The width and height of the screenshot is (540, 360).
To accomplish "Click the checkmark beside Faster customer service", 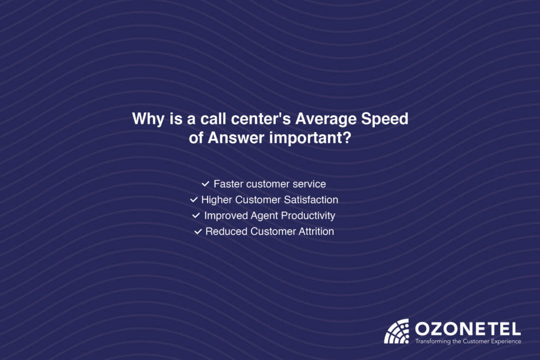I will coord(205,184).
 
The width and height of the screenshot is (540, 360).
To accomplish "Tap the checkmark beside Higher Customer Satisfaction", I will coord(194,200).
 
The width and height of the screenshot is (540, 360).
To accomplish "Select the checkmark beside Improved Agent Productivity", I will coord(196,216).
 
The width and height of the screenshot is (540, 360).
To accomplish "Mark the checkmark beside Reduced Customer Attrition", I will coord(198,231).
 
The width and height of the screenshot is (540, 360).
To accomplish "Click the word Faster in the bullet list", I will coord(228,184).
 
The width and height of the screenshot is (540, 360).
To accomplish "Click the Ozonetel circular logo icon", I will coord(397,332).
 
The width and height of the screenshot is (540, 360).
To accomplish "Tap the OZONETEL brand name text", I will coord(468,328).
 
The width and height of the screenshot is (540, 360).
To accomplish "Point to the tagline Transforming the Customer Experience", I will coord(468,342).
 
